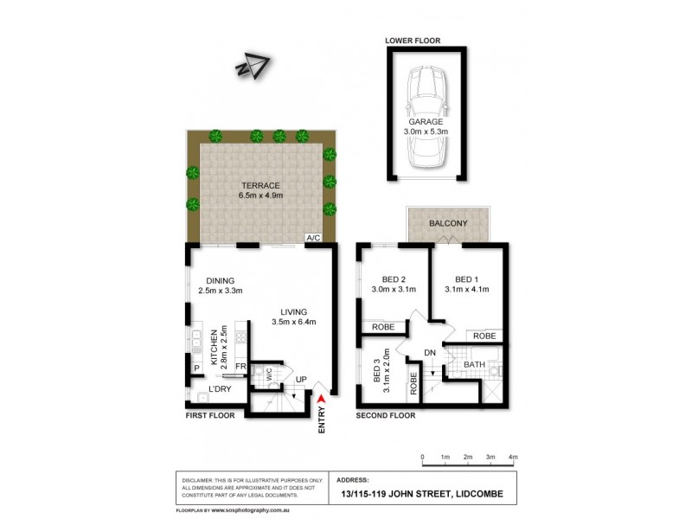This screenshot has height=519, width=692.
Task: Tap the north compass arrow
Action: tap(253, 67)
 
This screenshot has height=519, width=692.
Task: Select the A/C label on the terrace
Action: tap(312, 238)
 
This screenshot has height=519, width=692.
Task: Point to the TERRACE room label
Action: tap(260, 186)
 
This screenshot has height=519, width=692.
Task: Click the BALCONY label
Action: tap(448, 223)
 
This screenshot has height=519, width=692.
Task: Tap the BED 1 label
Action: tap(472, 279)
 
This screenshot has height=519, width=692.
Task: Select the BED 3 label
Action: tap(377, 373)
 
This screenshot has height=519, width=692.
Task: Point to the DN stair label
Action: tap(430, 352)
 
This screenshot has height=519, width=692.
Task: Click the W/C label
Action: tap(269, 375)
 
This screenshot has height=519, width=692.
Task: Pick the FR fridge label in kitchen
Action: tap(240, 367)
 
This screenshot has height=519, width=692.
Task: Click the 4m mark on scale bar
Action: tap(513, 456)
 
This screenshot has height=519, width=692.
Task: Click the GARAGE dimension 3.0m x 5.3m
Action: tap(426, 133)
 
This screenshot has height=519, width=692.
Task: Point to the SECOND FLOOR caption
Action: tap(386, 415)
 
